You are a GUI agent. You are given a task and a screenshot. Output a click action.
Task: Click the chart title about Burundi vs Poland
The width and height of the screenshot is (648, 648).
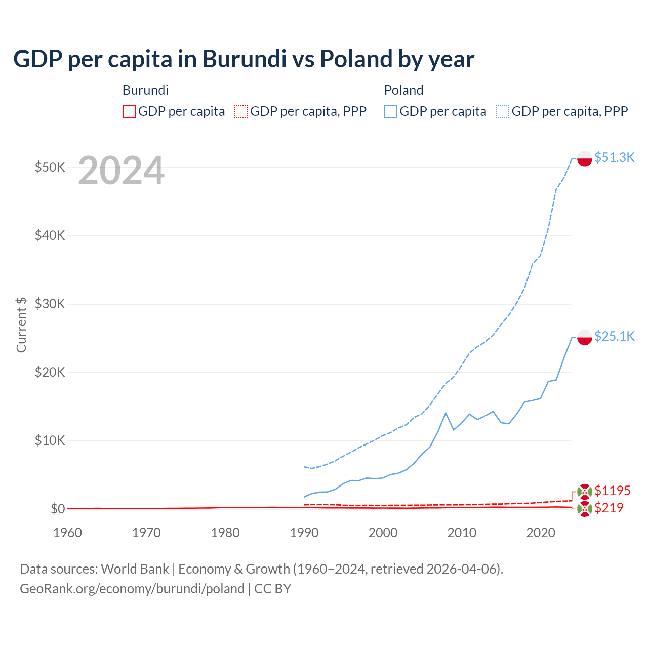tap(244, 59)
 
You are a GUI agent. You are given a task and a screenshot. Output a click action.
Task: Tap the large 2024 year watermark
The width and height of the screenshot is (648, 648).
tap(121, 171)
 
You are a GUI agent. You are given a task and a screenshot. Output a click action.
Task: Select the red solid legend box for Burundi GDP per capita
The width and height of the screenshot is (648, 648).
tap(129, 111)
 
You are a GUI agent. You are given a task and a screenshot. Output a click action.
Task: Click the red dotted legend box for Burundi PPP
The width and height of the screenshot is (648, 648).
tap(241, 111)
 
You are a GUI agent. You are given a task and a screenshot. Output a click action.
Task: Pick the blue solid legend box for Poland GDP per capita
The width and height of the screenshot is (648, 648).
tap(390, 111)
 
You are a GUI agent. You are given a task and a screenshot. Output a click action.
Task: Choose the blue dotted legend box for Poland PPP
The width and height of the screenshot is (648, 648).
tap(503, 111)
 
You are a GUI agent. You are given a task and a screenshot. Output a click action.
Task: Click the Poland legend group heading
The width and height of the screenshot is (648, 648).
tap(403, 90)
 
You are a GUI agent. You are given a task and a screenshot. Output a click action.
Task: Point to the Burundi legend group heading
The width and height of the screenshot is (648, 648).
tap(145, 90)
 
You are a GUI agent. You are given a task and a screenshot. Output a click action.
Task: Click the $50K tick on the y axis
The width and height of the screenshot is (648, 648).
tap(50, 167)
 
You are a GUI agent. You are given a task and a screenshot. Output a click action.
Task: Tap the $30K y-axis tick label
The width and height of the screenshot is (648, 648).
tap(50, 304)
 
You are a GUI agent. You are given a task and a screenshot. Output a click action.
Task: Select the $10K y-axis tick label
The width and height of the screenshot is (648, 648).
tap(50, 440)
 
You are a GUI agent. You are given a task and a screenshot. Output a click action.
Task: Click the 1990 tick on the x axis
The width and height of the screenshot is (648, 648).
tap(304, 533)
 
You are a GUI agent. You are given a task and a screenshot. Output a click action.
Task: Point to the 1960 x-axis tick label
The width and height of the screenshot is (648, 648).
tap(68, 533)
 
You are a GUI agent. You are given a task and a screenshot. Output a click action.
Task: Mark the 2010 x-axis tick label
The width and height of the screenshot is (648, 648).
tap(462, 533)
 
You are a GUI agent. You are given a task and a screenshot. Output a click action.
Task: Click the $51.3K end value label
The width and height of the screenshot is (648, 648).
tap(614, 158)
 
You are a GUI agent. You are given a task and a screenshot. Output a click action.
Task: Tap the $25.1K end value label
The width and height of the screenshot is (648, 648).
tap(614, 337)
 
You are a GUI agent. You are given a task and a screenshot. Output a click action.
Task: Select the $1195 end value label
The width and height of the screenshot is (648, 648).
tap(612, 491)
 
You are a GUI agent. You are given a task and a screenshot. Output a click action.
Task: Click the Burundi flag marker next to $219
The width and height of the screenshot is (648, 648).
tap(585, 509)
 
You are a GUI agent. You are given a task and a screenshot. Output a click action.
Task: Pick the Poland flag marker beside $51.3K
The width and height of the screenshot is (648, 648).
tap(585, 158)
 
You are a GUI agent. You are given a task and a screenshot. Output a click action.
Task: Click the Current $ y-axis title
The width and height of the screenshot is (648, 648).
tap(21, 325)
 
